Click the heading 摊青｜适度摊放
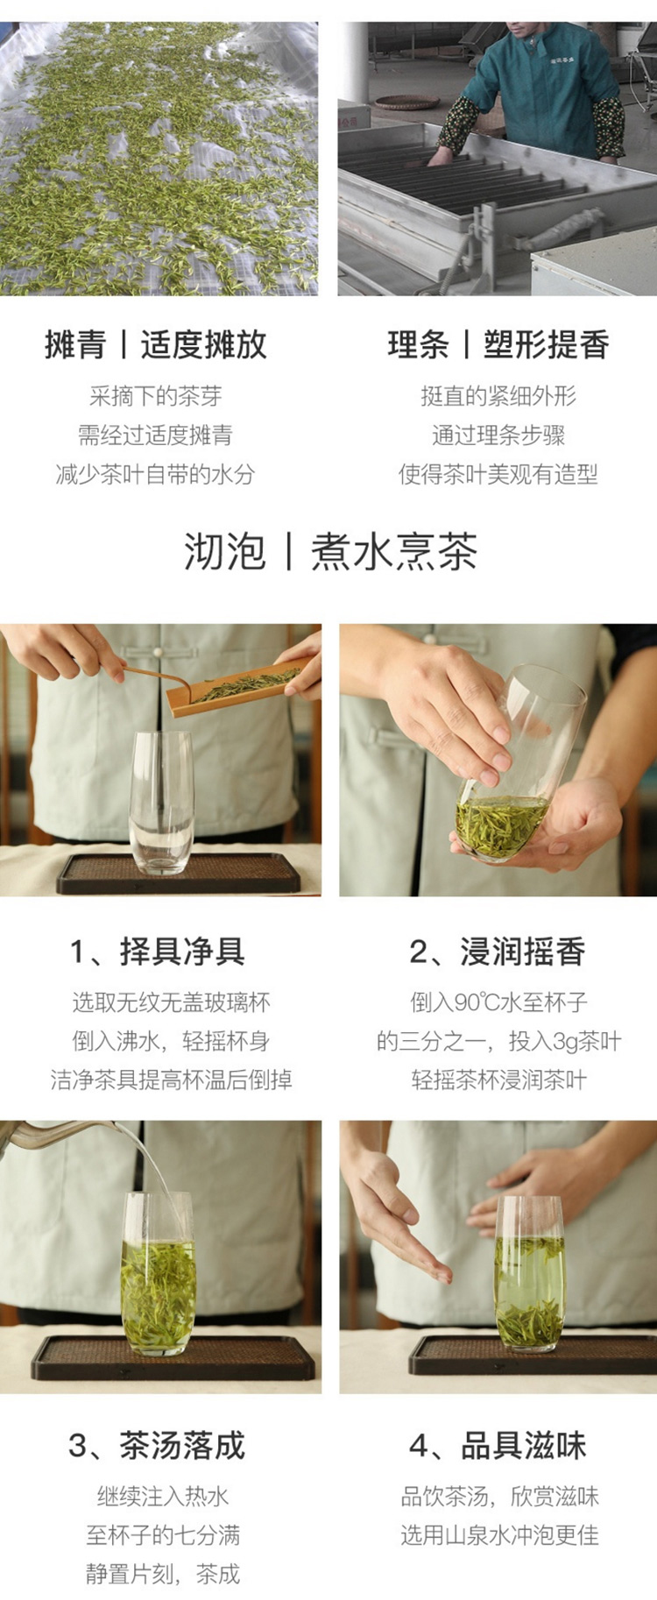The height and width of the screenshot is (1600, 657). click(x=156, y=344)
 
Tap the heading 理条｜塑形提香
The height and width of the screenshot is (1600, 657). click(x=498, y=344)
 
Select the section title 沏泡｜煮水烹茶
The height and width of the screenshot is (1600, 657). click(x=330, y=552)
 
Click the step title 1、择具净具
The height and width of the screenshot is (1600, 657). click(x=158, y=951)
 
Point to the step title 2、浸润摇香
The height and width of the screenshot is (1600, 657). click(x=498, y=951)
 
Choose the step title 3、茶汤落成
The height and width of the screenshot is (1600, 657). click(x=157, y=1445)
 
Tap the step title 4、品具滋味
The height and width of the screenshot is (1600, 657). click(x=498, y=1445)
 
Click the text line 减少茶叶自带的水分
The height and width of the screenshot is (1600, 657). click(x=155, y=474)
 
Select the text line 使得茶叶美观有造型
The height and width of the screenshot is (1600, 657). click(x=498, y=474)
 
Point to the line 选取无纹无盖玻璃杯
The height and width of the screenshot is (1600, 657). click(x=172, y=1002)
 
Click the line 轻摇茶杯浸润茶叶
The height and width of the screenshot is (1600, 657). click(x=499, y=1080)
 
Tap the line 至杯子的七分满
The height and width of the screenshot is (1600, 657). click(x=163, y=1534)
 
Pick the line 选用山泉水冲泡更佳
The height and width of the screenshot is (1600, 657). click(x=500, y=1534)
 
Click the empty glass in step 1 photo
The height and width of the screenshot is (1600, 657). click(x=161, y=803)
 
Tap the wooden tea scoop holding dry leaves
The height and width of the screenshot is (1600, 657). click(x=241, y=688)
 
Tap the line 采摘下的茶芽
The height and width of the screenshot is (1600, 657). click(x=155, y=396)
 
